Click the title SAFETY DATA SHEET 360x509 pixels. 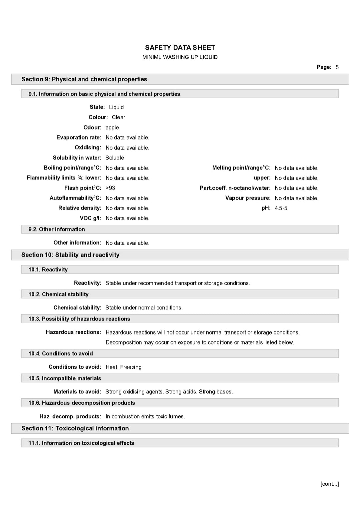pos(180,48)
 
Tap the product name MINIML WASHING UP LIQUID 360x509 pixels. pos(180,57)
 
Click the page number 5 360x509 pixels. pos(337,67)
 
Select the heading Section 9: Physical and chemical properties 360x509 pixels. pos(84,79)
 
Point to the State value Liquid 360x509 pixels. pos(116,107)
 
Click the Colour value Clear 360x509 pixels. pos(118,117)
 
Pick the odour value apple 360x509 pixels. pos(112,128)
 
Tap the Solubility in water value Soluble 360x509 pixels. pos(115,158)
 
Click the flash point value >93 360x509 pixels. pos(110,188)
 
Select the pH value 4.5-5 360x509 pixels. pos(281,208)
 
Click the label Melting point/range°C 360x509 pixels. pos(241,168)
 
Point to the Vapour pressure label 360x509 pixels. pos(248,198)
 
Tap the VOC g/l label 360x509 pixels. pos(90,218)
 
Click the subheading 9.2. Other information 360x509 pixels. pos(57,229)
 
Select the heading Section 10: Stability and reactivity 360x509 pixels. pos(70,255)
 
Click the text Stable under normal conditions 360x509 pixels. pos(144,308)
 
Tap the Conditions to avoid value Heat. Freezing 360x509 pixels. pos(123,367)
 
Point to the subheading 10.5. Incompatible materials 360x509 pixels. pos(65,378)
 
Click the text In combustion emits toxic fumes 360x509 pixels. pos(145,416)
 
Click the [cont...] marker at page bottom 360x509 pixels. pos(329,484)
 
